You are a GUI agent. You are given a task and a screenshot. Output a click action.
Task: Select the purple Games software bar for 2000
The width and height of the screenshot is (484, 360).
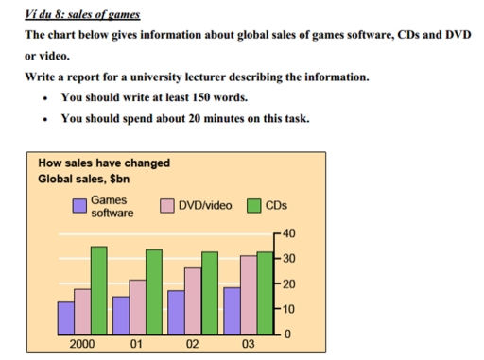click(x=66, y=317)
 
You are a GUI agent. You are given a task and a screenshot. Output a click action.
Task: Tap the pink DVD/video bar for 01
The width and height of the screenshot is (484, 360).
click(x=137, y=307)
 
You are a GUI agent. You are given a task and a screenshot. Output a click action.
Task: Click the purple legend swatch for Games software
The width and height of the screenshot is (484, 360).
click(x=81, y=206)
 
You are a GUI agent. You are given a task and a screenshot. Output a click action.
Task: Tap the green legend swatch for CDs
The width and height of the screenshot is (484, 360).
click(x=254, y=206)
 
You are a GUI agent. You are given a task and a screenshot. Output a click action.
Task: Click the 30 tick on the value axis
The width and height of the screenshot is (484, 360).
click(x=289, y=259)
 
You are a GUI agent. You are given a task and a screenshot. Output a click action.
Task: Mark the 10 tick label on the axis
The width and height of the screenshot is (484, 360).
click(x=289, y=310)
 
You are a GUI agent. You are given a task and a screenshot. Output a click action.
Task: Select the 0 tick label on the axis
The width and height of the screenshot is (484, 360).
click(x=289, y=335)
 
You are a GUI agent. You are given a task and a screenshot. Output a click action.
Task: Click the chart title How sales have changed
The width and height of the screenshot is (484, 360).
click(x=104, y=163)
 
